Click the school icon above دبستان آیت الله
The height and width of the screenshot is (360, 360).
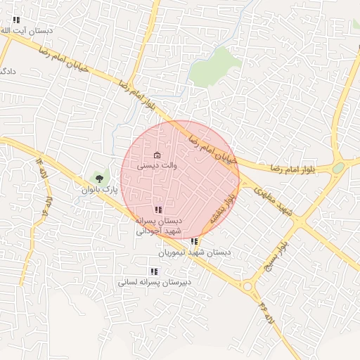pos(17,20)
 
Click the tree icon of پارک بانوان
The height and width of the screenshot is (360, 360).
pos(99,178)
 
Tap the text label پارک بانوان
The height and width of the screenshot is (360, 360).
pos(98,190)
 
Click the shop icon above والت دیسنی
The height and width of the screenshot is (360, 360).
pos(157,155)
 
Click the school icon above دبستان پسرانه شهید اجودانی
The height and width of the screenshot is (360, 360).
pos(158,210)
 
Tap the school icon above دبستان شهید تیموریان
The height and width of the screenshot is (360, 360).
pos(194,241)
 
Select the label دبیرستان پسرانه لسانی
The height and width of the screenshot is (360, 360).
pos(155,282)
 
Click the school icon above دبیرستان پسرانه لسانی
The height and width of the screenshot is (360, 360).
pos(154,271)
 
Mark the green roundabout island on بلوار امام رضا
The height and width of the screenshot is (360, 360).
pos(338,167)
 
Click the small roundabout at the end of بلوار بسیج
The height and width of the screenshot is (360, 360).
pos(247,285)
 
